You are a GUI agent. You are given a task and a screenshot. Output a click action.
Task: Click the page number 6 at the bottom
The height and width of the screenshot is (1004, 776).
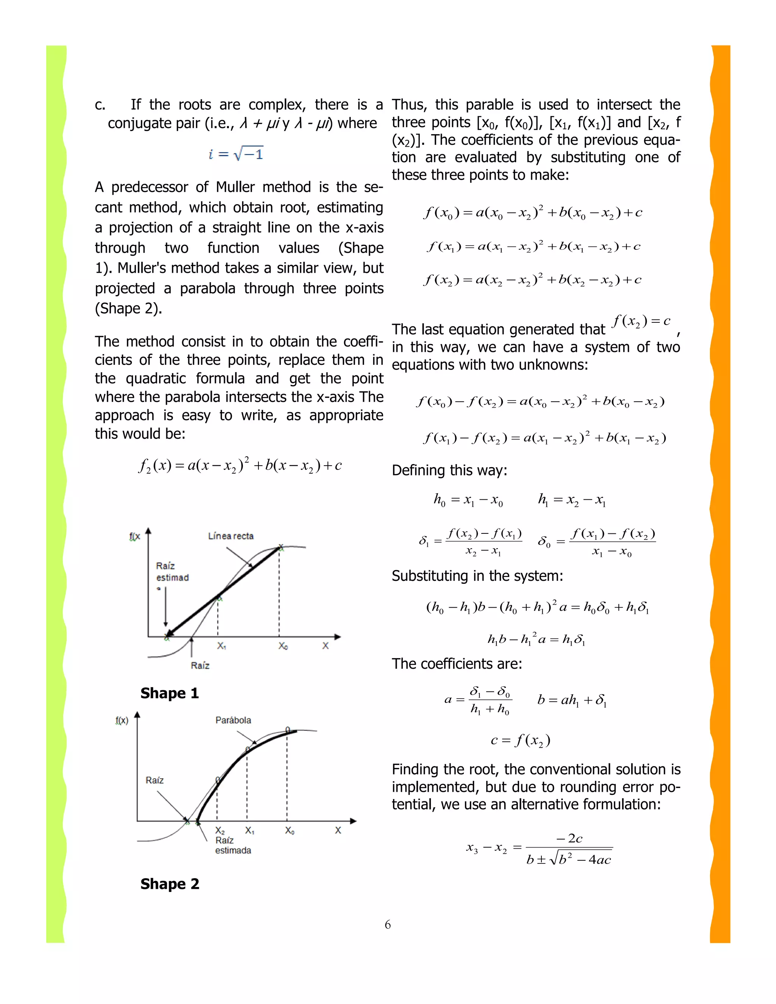click(x=388, y=924)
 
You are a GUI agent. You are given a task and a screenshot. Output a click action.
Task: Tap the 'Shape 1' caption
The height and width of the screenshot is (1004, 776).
click(x=170, y=693)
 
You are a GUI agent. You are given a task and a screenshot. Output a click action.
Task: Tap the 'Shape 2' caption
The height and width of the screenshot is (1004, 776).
click(x=170, y=884)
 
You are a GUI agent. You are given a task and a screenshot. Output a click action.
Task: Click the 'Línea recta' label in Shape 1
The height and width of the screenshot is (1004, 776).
click(x=231, y=536)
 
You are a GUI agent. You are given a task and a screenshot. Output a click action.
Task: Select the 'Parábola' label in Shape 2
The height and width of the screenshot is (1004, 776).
click(x=233, y=720)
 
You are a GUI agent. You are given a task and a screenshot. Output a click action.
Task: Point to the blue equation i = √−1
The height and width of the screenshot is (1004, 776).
click(x=235, y=153)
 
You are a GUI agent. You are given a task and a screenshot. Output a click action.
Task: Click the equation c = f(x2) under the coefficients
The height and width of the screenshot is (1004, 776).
click(x=520, y=740)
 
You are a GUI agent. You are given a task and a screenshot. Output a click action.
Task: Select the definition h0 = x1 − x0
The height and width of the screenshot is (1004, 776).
click(x=468, y=500)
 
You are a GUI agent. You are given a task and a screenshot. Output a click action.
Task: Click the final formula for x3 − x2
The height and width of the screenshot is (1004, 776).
click(x=539, y=848)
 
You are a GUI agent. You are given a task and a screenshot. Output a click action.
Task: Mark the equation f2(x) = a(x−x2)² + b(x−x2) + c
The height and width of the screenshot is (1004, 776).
click(x=239, y=465)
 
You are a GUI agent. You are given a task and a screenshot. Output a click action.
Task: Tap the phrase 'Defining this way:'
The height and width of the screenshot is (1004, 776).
click(x=449, y=470)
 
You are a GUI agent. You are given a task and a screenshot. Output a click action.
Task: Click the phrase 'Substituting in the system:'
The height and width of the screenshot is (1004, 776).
click(x=477, y=576)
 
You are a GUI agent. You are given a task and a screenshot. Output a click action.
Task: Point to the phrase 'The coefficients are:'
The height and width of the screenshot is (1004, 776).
click(x=457, y=664)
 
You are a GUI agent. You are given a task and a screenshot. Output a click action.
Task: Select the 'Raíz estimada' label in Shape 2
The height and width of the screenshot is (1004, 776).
click(x=233, y=845)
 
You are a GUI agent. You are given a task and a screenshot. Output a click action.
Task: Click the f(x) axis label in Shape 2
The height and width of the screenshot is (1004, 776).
click(x=122, y=720)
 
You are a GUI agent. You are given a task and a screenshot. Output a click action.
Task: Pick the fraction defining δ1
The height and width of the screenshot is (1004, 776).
click(x=470, y=541)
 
